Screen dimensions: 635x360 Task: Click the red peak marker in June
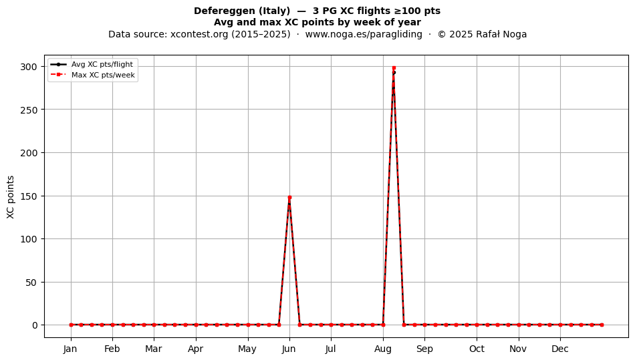[289, 198]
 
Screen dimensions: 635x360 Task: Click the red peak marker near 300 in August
[394, 68]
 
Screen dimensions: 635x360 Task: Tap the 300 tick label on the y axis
[29, 66]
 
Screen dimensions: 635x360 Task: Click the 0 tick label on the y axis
[35, 325]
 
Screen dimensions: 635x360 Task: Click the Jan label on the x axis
[70, 349]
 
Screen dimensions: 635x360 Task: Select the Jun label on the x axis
[289, 349]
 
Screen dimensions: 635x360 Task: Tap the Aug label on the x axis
[383, 349]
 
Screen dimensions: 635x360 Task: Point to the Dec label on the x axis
[560, 349]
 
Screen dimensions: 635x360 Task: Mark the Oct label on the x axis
[477, 349]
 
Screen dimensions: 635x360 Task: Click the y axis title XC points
[11, 197]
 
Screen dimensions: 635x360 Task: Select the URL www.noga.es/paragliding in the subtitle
[364, 34]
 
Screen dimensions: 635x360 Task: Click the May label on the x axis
[247, 349]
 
